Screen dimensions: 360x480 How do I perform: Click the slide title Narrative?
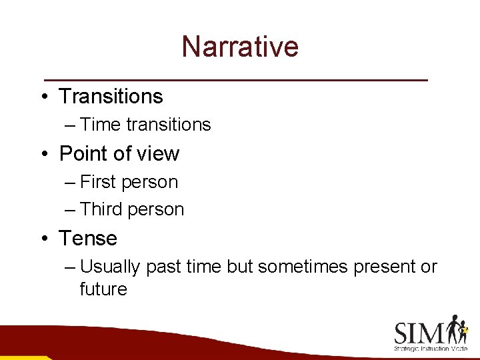tap(240, 47)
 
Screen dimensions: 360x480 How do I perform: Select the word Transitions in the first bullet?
tap(111, 97)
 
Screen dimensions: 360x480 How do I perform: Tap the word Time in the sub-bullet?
tap(100, 125)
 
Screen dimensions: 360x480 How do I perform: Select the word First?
tap(100, 182)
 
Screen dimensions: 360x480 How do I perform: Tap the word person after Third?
tap(156, 209)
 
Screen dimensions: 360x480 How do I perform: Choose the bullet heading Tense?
tap(88, 238)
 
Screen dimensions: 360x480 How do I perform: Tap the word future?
tap(103, 289)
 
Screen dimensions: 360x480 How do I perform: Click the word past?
tap(163, 267)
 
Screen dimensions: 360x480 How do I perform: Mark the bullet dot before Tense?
tap(43, 239)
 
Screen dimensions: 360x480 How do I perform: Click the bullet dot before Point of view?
tap(43, 155)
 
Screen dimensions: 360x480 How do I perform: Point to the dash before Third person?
tap(71, 210)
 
